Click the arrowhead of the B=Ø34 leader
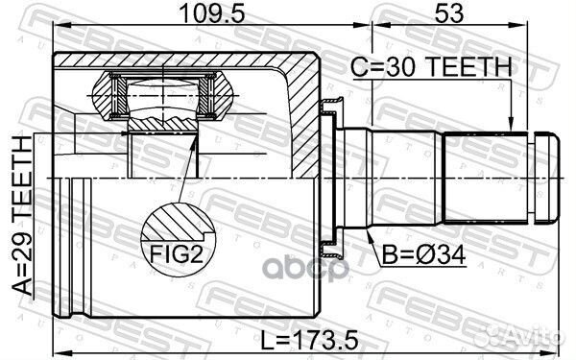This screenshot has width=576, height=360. click(370, 233)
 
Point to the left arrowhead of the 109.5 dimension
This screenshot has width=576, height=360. click(54, 32)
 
